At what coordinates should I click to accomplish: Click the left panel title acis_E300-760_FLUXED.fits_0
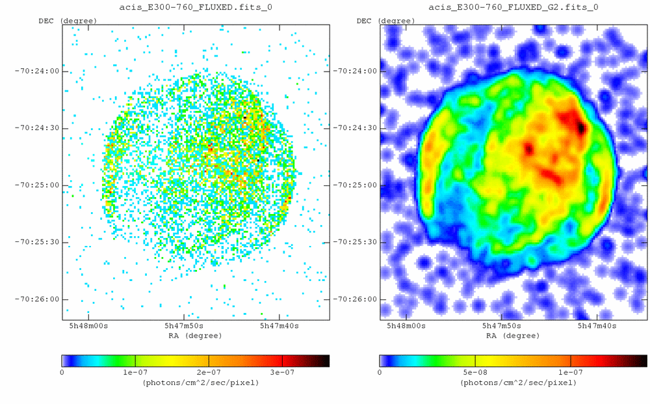pyautogui.click(x=195, y=7)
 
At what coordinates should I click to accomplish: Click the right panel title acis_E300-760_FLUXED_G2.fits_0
pyautogui.click(x=513, y=7)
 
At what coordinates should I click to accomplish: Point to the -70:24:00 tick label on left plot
pyautogui.click(x=37, y=71)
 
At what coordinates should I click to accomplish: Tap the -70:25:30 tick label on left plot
pyautogui.click(x=37, y=242)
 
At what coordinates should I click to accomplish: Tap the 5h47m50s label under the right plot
pyautogui.click(x=502, y=325)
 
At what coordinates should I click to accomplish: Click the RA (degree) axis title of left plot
pyautogui.click(x=195, y=336)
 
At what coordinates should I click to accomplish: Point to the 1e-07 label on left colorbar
pyautogui.click(x=135, y=372)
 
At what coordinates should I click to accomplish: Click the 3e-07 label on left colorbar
pyautogui.click(x=281, y=372)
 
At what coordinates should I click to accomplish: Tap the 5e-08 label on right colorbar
pyautogui.click(x=475, y=372)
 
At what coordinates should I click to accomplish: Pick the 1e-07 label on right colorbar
pyautogui.click(x=570, y=372)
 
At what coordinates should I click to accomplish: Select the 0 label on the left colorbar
pyautogui.click(x=62, y=372)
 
